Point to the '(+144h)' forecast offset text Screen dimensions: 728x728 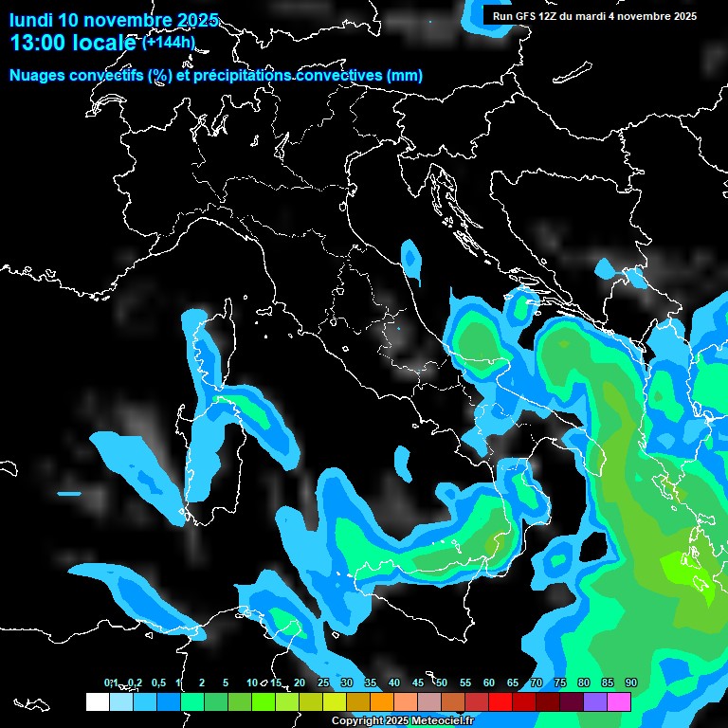(168, 42)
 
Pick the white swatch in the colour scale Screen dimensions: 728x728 (98, 701)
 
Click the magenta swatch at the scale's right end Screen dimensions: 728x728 (619, 701)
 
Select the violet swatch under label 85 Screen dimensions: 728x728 (595, 701)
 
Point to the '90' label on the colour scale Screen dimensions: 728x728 (631, 682)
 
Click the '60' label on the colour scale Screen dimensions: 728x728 (489, 682)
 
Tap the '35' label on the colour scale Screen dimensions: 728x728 (371, 682)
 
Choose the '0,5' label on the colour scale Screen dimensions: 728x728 (157, 682)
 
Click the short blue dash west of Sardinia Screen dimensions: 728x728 (69, 494)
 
